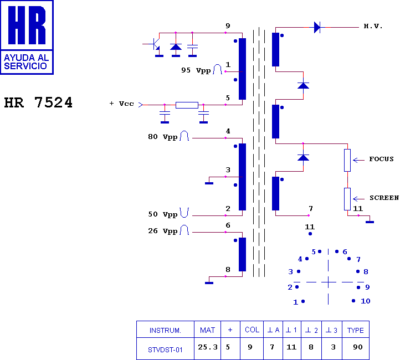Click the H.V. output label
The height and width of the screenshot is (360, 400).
point(373,26)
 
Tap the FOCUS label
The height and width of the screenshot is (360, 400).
point(381,159)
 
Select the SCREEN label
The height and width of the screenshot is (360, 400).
point(384,198)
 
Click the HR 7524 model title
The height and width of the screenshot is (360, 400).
point(38,102)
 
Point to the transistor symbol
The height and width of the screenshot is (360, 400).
point(155,44)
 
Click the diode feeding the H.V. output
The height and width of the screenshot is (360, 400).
point(317,27)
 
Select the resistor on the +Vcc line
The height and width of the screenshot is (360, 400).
point(187,105)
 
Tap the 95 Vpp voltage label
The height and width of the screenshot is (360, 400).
point(196,70)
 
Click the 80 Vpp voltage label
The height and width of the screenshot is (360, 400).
point(163,137)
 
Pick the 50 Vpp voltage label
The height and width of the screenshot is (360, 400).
point(163,214)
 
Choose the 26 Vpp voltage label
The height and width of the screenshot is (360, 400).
point(163,231)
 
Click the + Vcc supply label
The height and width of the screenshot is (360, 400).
point(122,104)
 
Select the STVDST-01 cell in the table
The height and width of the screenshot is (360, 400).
point(165,350)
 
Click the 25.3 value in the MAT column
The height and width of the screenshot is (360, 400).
point(208,347)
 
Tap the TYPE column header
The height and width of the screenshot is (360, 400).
point(355,331)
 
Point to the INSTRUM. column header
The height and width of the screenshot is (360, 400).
point(165,331)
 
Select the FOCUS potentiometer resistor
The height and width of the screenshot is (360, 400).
point(347,161)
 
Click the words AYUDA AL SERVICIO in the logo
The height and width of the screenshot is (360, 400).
point(26,61)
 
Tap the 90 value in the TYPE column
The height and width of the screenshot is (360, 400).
point(358,347)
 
